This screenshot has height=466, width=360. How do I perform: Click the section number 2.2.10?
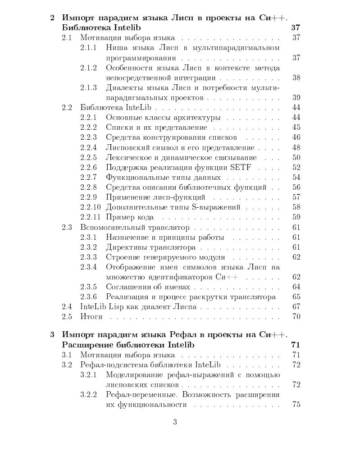click(x=90, y=207)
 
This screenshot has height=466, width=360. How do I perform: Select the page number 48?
click(x=296, y=148)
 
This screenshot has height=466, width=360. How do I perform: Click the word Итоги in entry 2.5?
click(x=91, y=316)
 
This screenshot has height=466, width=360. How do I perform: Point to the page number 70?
click(x=296, y=316)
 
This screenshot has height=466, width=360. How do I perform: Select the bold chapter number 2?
click(x=52, y=18)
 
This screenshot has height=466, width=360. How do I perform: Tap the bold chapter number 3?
click(x=52, y=334)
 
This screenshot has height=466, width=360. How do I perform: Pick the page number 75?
click(x=296, y=404)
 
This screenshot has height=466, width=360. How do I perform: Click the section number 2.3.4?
click(x=88, y=267)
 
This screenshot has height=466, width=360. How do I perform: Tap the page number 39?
click(x=296, y=97)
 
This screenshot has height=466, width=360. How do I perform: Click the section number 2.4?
click(x=67, y=306)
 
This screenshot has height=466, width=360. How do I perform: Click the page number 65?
click(x=296, y=297)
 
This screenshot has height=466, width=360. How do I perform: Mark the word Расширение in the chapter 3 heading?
click(x=85, y=345)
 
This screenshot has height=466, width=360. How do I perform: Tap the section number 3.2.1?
click(x=88, y=375)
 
